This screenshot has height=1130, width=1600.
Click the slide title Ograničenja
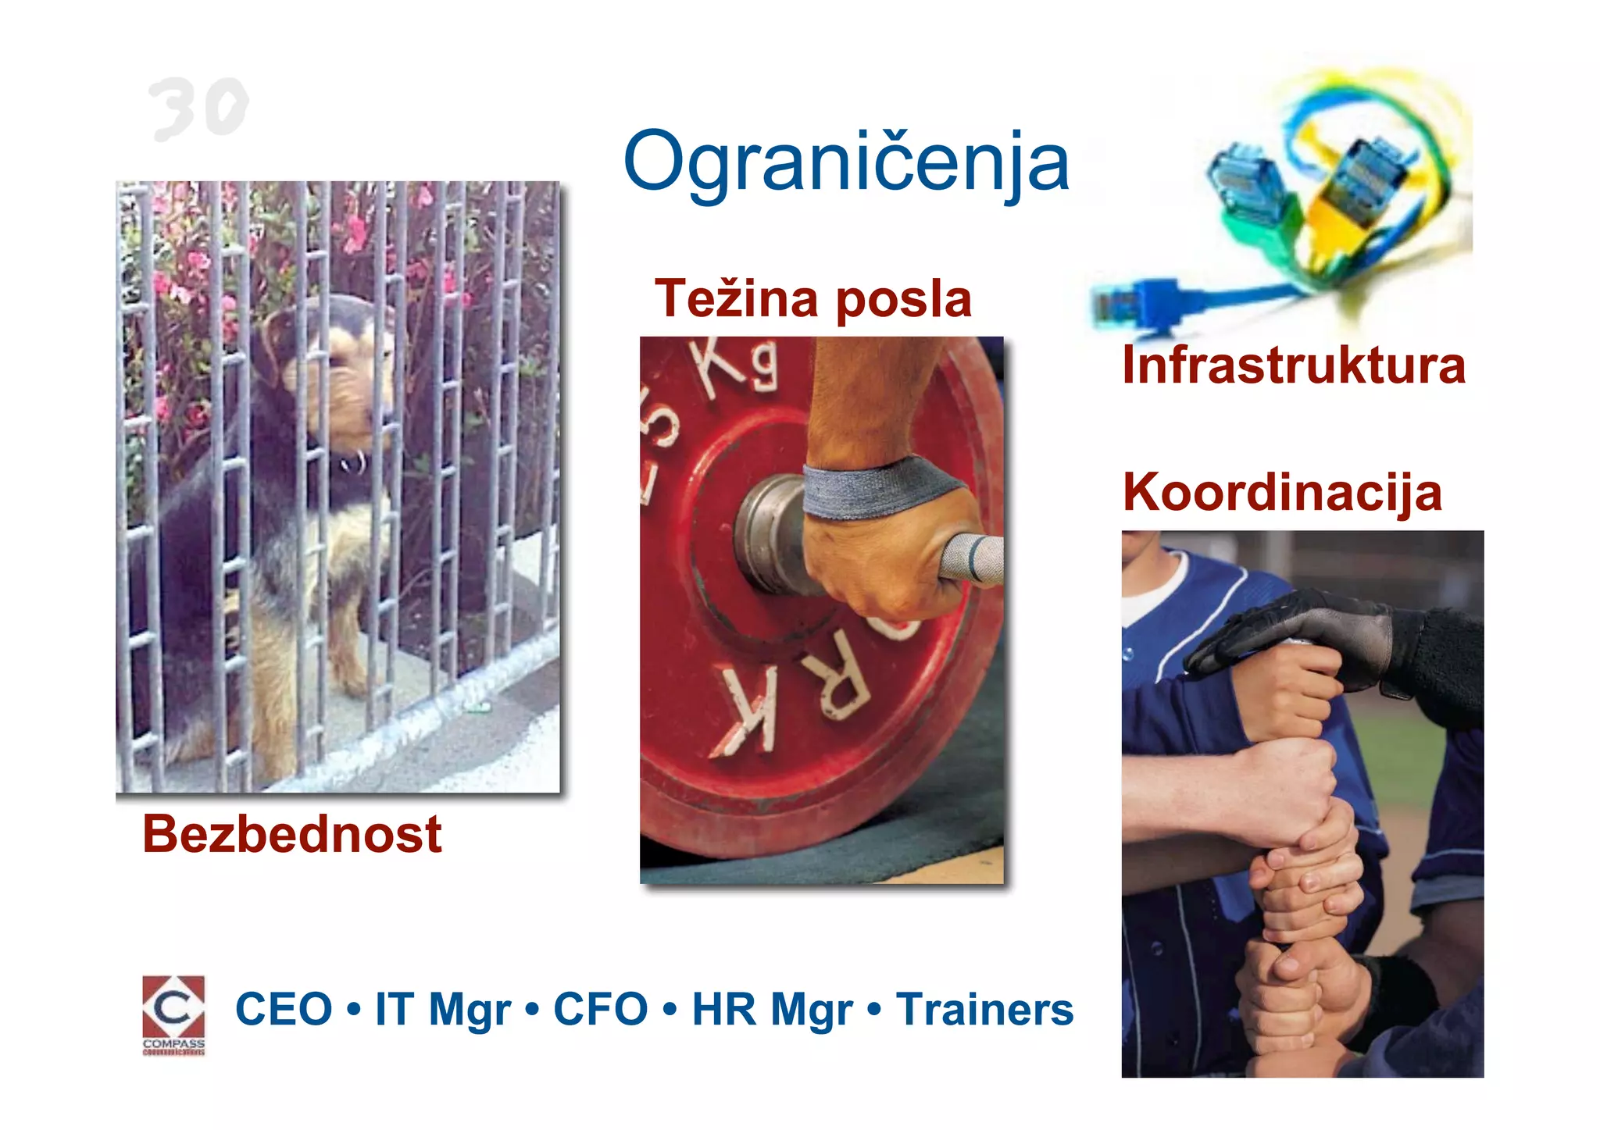[x=846, y=162]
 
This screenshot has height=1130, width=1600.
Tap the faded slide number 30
[x=198, y=109]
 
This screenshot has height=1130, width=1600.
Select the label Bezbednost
[x=291, y=834]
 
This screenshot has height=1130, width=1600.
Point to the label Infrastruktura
[x=1293, y=365]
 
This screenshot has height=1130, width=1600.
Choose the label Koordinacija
[x=1281, y=493]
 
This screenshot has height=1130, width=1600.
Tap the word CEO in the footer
[x=284, y=1009]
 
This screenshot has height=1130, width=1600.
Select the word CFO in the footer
[x=600, y=1009]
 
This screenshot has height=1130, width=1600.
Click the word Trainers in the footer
[x=984, y=1009]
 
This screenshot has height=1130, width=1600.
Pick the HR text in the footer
[x=723, y=1009]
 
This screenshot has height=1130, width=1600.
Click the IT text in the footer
[x=393, y=1009]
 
